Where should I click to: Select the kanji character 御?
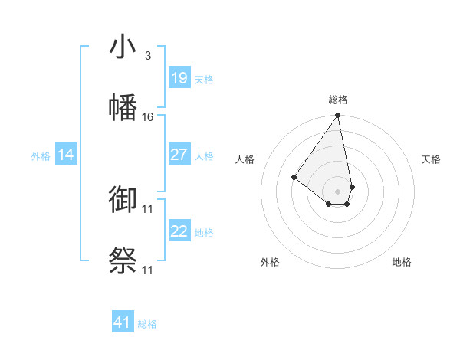coord(123,201)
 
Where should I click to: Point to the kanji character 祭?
coord(123,260)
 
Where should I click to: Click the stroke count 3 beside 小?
coord(148,56)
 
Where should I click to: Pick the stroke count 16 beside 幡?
coord(148,116)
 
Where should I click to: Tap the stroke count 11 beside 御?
coord(148,209)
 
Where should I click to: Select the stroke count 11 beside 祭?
coord(148,270)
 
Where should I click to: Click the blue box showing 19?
coord(179,78)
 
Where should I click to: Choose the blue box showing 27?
coord(179,155)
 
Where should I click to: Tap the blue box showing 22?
coord(179,231)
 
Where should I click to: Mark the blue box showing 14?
coord(66,155)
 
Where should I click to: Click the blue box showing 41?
coord(123,322)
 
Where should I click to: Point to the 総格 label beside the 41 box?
coord(147,324)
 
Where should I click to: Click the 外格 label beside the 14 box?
coord(41,156)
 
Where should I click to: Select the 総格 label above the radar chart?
coord(338,100)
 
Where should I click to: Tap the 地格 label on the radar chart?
coord(402,263)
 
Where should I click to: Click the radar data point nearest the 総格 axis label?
coord(337,116)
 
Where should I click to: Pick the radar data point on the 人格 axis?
coord(294,178)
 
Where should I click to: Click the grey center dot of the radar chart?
coord(337,191)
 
